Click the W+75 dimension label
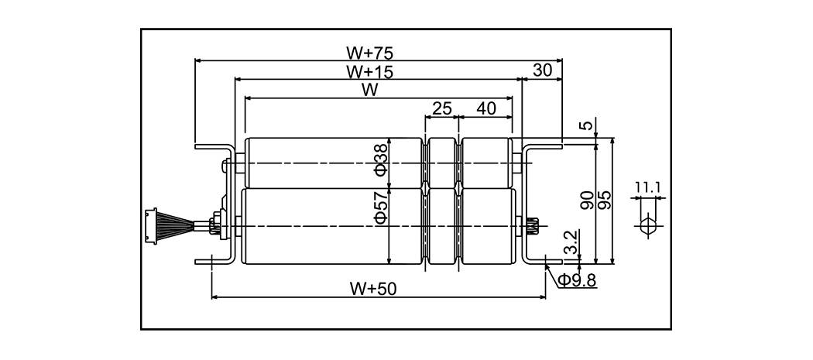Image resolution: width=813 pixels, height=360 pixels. tap(369, 53)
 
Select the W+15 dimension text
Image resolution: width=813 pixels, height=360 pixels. tap(369, 72)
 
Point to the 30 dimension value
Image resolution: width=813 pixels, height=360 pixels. tap(543, 70)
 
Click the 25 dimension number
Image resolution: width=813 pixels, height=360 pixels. tap(441, 108)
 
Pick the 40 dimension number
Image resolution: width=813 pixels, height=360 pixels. tap(486, 108)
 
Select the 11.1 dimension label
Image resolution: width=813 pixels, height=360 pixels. tap(647, 187)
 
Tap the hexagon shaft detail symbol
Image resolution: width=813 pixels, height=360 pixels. tap(648, 226)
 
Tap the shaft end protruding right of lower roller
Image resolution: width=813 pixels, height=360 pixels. tap(532, 226)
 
